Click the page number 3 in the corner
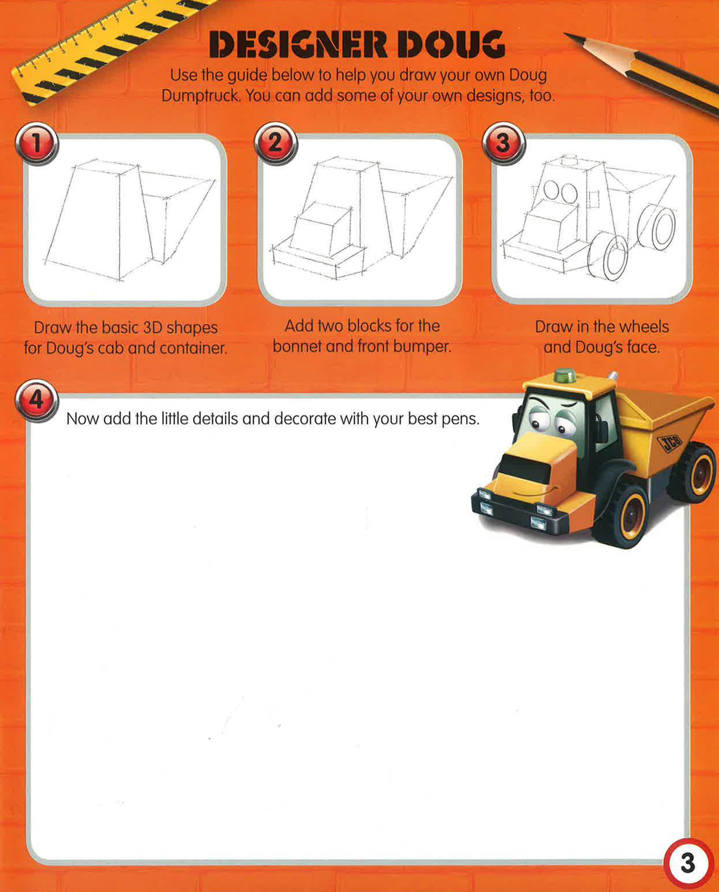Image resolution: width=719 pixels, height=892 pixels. coord(688,863)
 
